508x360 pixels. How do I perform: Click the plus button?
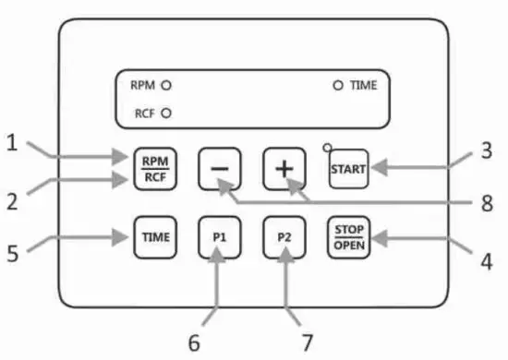(284, 169)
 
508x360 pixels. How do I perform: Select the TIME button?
(154, 236)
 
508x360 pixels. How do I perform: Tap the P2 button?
(284, 236)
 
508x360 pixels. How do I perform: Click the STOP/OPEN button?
(349, 236)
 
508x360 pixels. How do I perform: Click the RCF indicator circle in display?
(166, 114)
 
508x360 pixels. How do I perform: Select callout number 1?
(13, 143)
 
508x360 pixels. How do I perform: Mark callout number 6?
(194, 342)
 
